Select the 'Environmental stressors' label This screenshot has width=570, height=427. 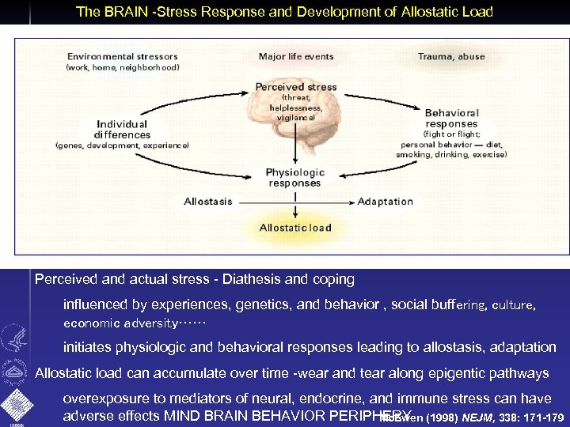[x=123, y=56]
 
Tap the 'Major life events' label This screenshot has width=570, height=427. [x=294, y=56]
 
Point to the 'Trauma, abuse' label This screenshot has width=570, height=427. [x=451, y=56]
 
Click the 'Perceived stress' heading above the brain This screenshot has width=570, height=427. [x=295, y=86]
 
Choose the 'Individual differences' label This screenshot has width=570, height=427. [x=122, y=129]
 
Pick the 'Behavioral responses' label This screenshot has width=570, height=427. [x=451, y=118]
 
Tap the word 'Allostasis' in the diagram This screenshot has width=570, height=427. [x=208, y=201]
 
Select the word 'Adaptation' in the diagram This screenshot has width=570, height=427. [x=386, y=201]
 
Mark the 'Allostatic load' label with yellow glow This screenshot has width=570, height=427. [x=295, y=228]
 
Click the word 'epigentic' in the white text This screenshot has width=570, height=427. [x=435, y=372]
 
